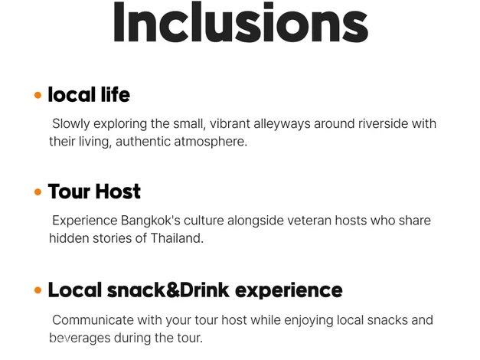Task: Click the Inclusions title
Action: point(240,22)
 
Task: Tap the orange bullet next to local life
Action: point(38,95)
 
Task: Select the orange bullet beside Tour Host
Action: point(38,192)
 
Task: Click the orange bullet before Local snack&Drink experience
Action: point(38,290)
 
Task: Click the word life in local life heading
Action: point(116,94)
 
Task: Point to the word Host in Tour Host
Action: point(118,191)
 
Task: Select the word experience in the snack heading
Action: point(289,290)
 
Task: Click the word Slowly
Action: point(71,124)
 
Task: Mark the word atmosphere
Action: point(211,142)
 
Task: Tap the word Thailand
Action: point(177,238)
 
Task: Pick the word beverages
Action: point(80,339)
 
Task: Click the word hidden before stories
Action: point(69,238)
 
